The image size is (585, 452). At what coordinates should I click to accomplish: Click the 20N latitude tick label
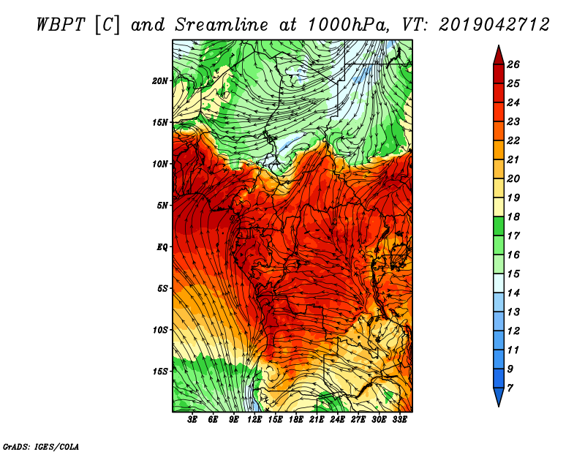[160, 80]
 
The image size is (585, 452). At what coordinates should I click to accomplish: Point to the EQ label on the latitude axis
[162, 246]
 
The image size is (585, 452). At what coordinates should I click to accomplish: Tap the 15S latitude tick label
[160, 372]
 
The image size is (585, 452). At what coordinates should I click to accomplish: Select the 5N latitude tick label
[162, 206]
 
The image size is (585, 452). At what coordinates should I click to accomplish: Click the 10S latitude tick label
[160, 330]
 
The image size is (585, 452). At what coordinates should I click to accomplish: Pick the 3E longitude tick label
[192, 419]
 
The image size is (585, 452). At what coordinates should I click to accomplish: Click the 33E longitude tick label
[399, 419]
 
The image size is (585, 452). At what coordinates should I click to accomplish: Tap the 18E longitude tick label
[296, 419]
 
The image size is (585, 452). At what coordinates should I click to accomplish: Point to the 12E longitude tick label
[254, 419]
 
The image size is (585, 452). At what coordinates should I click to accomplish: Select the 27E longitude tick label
[358, 419]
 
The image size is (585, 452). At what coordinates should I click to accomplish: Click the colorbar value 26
[513, 64]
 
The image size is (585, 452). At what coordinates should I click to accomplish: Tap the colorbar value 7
[510, 388]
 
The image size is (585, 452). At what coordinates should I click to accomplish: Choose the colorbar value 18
[513, 216]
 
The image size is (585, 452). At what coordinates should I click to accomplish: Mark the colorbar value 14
[513, 293]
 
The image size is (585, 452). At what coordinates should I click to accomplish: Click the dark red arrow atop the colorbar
[499, 56]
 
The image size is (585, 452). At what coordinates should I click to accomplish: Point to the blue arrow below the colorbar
[499, 396]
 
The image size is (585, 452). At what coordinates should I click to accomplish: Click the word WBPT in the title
[61, 25]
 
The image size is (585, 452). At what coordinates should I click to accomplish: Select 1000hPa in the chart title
[347, 25]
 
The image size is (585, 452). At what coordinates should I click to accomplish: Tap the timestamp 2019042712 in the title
[494, 25]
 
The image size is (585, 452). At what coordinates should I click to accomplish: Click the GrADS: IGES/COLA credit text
[41, 447]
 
